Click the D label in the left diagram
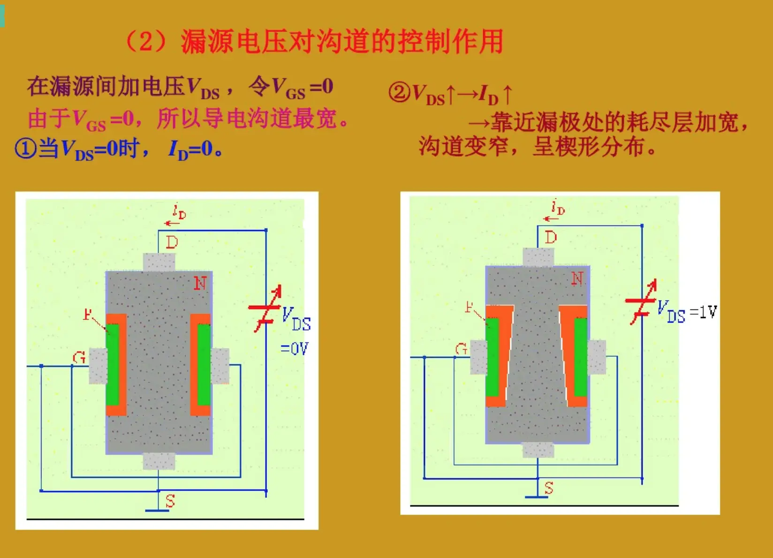pyautogui.click(x=172, y=242)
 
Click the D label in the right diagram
pyautogui.click(x=551, y=237)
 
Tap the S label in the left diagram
pyautogui.click(x=170, y=501)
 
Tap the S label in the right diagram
pyautogui.click(x=549, y=488)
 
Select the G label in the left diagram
pyautogui.click(x=79, y=358)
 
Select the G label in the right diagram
pyautogui.click(x=461, y=349)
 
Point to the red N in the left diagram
pyautogui.click(x=200, y=283)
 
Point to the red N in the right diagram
pyautogui.click(x=577, y=279)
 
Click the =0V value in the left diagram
pyautogui.click(x=294, y=348)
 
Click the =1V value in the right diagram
pyautogui.click(x=704, y=312)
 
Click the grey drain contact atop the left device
pyautogui.click(x=159, y=262)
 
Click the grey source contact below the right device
pyautogui.click(x=538, y=450)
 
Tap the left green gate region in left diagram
pyautogui.click(x=113, y=364)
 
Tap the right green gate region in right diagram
pyautogui.click(x=581, y=357)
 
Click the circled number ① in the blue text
pyautogui.click(x=25, y=149)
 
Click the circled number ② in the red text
pyautogui.click(x=399, y=92)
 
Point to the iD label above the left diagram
pyautogui.click(x=179, y=212)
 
